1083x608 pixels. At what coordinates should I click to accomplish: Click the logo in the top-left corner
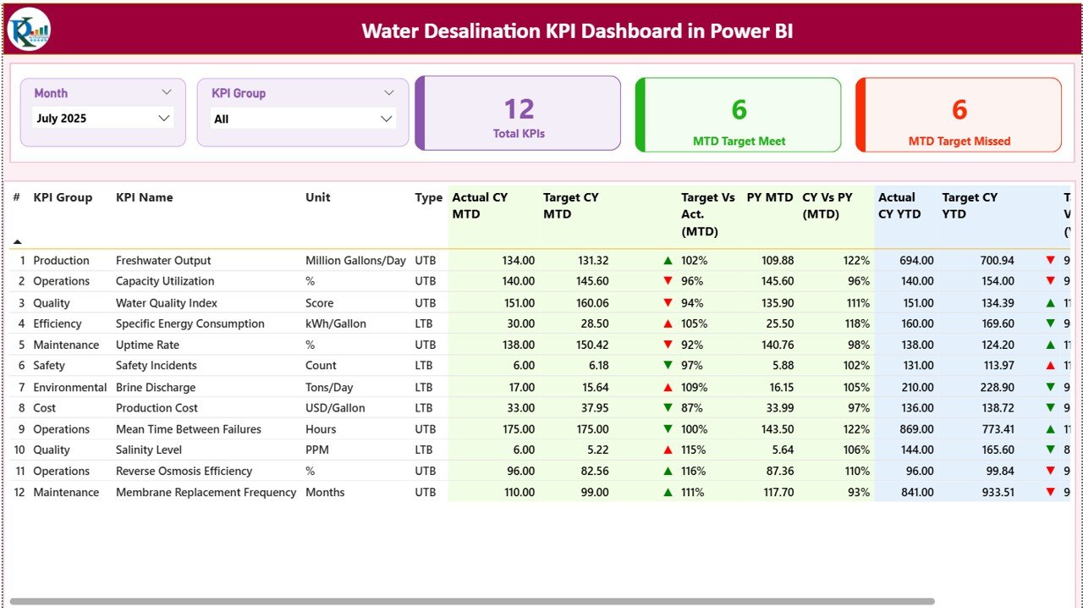tap(29, 30)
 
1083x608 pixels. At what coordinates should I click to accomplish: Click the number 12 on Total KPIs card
tap(519, 109)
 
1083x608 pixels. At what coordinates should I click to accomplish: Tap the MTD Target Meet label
tap(739, 141)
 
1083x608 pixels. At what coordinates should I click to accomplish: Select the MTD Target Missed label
tap(959, 141)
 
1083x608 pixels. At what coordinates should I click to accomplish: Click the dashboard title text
tap(577, 31)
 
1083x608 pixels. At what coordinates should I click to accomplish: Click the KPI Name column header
tap(144, 197)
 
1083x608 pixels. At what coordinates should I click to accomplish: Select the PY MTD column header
tap(769, 197)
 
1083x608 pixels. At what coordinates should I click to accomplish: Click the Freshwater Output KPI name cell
tap(163, 261)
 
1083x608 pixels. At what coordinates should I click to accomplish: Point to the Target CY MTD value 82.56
tap(592, 471)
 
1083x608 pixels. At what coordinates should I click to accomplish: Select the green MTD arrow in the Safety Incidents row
tap(668, 366)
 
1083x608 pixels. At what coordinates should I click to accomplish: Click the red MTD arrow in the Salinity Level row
tap(668, 450)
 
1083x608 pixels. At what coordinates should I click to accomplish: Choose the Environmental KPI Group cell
tap(69, 387)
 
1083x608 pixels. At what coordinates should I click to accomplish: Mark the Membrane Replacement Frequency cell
tap(206, 492)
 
